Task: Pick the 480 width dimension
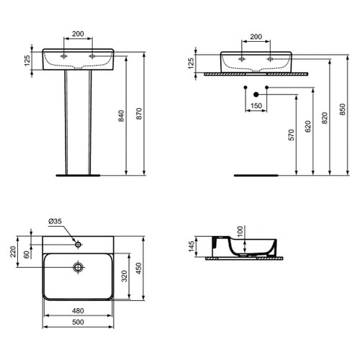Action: pos(79,312)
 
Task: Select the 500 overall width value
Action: pos(79,323)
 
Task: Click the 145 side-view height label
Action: pos(191,247)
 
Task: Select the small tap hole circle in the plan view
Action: pos(78,244)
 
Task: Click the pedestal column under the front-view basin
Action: pos(78,122)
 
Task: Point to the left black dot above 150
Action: pos(246,89)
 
